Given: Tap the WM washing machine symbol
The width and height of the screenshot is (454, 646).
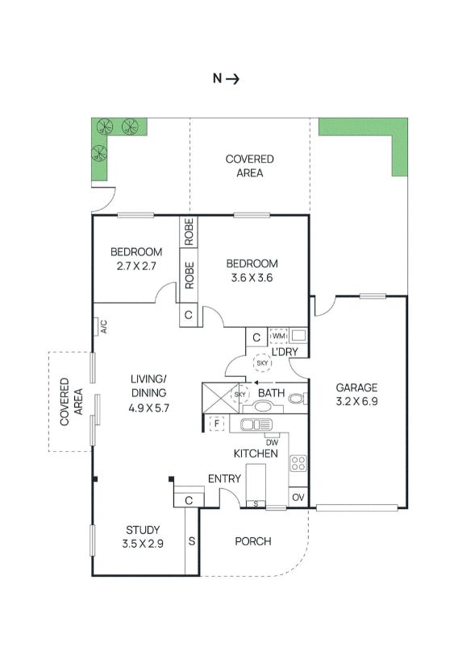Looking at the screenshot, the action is (279, 336).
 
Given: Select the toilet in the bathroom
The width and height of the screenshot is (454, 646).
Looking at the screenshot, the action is (298, 399).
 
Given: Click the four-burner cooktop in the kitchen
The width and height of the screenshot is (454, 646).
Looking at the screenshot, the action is (298, 463).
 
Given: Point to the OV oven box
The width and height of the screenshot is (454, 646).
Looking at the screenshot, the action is (298, 497).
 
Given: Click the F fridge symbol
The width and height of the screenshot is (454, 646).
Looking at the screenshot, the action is (216, 423).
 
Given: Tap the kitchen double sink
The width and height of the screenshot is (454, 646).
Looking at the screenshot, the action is (256, 424).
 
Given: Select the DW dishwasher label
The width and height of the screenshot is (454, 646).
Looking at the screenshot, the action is (272, 442).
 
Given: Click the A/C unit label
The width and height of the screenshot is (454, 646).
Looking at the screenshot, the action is (104, 326).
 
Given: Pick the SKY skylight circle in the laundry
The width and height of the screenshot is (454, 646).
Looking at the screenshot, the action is (262, 363).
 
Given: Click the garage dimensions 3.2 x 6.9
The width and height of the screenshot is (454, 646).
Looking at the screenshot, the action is (356, 401).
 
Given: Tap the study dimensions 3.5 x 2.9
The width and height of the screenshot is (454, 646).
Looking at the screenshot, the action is (143, 544).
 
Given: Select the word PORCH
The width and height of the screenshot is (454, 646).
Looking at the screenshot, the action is (253, 541).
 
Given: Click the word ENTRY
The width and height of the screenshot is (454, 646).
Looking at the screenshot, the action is (224, 478).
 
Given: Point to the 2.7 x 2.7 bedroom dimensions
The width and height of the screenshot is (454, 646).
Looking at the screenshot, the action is (136, 266).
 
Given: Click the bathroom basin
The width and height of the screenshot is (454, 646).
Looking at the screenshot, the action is (262, 406).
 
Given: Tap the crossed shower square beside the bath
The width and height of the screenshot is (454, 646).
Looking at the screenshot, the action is (220, 398).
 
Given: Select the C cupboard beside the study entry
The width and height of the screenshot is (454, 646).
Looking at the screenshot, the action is (189, 500).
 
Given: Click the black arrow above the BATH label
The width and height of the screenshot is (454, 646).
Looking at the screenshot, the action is (260, 383).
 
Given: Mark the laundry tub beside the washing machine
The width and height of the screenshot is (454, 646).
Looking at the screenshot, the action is (298, 336).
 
